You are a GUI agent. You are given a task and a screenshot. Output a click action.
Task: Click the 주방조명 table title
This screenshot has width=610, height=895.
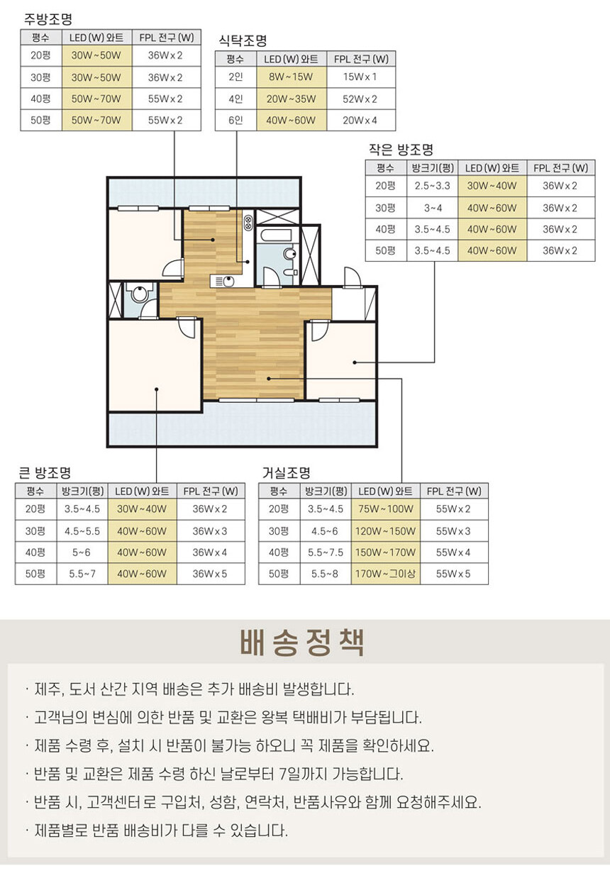48,18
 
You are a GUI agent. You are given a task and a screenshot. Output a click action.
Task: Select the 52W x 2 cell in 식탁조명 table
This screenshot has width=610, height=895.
360,99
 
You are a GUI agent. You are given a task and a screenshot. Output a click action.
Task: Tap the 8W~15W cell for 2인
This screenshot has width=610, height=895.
291,77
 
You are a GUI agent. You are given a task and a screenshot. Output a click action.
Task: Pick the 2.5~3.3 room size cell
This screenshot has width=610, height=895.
432,186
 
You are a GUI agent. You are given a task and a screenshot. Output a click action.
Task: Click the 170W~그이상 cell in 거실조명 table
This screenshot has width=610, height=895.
385,574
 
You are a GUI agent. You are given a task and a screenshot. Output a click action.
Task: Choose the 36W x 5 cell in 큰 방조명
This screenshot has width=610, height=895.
210,574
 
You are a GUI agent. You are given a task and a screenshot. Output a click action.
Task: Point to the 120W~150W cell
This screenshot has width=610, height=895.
385,531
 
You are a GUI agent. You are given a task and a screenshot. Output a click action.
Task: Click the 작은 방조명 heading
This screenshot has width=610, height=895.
401,150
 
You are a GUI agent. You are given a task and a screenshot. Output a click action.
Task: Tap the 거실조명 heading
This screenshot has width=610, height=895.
287,472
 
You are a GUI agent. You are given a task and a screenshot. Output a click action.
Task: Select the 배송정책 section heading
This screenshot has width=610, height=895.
302,643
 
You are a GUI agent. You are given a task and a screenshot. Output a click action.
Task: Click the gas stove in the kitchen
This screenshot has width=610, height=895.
248,223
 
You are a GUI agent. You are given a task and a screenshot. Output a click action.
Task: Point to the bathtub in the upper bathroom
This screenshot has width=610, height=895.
276,235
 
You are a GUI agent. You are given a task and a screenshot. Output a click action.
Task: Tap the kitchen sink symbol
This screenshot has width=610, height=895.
223,282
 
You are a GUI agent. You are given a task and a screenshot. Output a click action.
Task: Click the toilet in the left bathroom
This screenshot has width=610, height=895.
139,294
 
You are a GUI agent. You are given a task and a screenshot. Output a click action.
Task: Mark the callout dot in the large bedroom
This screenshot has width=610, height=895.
157,389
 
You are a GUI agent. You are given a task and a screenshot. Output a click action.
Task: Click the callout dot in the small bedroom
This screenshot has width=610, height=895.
355,362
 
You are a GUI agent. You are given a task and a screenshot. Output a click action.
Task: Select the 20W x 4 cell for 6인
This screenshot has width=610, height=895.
360,121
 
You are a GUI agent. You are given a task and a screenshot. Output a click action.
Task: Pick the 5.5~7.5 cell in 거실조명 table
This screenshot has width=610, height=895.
326,552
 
